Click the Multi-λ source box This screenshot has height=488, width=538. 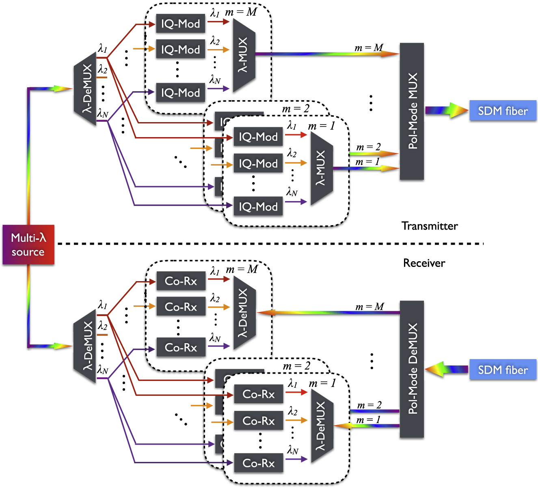(x=28, y=245)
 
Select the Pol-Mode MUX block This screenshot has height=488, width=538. (x=412, y=111)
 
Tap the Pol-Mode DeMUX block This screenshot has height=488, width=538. (x=412, y=369)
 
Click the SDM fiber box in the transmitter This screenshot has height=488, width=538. (x=503, y=111)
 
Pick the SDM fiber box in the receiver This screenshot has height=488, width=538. (x=503, y=370)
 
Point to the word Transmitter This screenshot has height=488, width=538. (x=430, y=226)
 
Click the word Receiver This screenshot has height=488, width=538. (x=424, y=263)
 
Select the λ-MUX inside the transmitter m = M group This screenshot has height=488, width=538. (x=244, y=55)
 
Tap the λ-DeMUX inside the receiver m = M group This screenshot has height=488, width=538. (x=244, y=313)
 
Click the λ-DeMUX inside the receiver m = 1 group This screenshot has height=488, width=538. (x=322, y=426)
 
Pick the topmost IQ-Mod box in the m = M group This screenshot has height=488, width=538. (x=180, y=24)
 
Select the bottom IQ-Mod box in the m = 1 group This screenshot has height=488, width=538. (x=258, y=207)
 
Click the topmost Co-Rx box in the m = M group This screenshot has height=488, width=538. (x=181, y=281)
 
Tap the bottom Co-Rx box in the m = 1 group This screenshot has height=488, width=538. (x=258, y=463)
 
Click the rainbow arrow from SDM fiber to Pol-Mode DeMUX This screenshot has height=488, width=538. (x=447, y=369)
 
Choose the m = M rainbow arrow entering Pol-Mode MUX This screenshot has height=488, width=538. (x=327, y=54)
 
